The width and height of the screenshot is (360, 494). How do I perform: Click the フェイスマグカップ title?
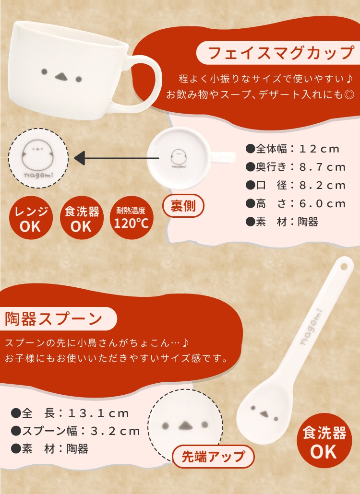tap(281, 53)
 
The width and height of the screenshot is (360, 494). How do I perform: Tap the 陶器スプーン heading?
tap(54, 319)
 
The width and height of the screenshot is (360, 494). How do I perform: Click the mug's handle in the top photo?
tap(143, 82)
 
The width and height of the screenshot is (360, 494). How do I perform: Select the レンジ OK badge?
tap(31, 218)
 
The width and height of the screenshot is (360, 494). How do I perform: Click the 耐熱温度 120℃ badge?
tap(132, 218)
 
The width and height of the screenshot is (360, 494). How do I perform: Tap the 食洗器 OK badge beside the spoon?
tap(324, 440)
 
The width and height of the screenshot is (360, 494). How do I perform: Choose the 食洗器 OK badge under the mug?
tap(82, 218)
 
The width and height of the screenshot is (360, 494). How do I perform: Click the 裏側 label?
tap(183, 206)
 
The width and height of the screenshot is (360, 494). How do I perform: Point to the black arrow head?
tap(79, 158)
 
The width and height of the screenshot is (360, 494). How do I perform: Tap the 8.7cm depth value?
tap(322, 167)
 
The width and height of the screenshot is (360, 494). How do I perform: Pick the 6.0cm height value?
tap(322, 203)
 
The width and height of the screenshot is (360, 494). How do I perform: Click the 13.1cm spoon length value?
tap(98, 413)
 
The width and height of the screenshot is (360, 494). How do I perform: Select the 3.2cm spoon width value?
tap(115, 431)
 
